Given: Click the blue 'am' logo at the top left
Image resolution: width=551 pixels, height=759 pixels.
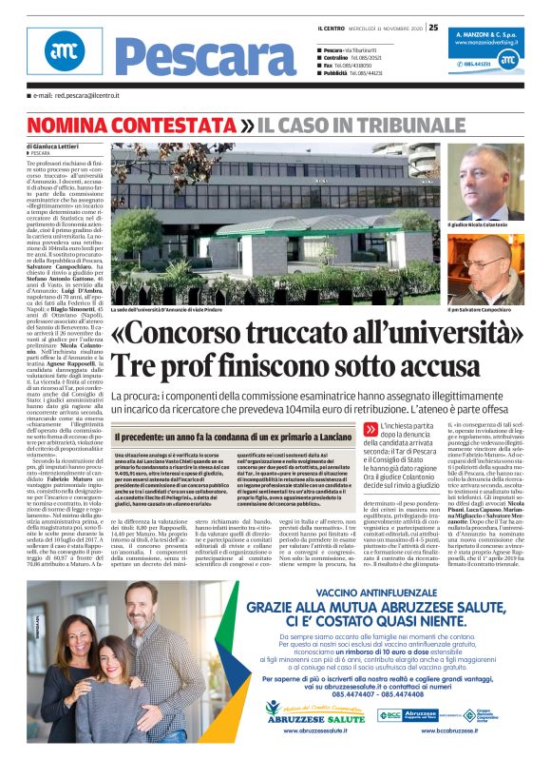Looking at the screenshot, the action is point(65,53).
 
